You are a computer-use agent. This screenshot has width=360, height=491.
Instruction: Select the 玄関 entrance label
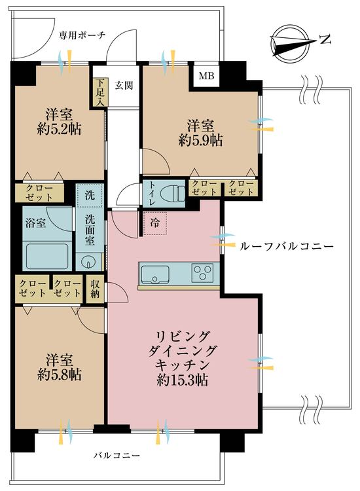124,84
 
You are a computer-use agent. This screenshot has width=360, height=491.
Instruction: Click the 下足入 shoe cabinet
99,92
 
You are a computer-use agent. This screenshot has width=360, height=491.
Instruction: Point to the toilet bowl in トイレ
171,193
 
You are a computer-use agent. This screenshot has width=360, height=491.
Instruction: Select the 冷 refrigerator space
154,223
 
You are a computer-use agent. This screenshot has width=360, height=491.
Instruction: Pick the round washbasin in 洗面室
88,263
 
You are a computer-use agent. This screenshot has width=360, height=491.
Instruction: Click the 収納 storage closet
96,288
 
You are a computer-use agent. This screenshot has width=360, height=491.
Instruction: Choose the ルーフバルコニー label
287,246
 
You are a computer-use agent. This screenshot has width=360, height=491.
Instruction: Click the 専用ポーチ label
82,35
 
